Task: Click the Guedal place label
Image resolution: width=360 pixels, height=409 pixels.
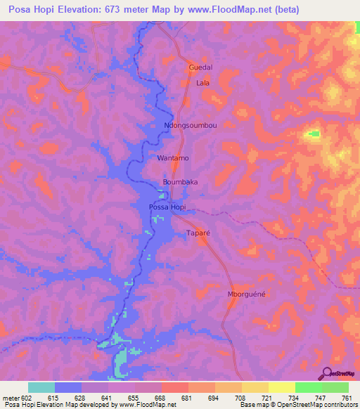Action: pyautogui.click(x=200, y=67)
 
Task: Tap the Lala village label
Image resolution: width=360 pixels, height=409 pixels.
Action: pyautogui.click(x=203, y=83)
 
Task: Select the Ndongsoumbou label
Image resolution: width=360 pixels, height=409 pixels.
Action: pyautogui.click(x=190, y=126)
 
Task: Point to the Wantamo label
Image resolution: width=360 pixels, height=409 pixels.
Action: pyautogui.click(x=173, y=158)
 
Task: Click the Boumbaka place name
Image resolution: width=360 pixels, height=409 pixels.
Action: pyautogui.click(x=180, y=182)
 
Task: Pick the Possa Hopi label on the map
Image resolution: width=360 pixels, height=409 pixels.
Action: pyautogui.click(x=168, y=207)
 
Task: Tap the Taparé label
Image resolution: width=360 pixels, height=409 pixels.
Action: pyautogui.click(x=198, y=233)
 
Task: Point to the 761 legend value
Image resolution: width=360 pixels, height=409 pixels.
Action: pyautogui.click(x=345, y=397)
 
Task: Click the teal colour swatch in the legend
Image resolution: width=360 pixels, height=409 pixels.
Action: pyautogui.click(x=41, y=387)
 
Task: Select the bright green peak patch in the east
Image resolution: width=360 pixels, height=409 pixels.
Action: pyautogui.click(x=312, y=133)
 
